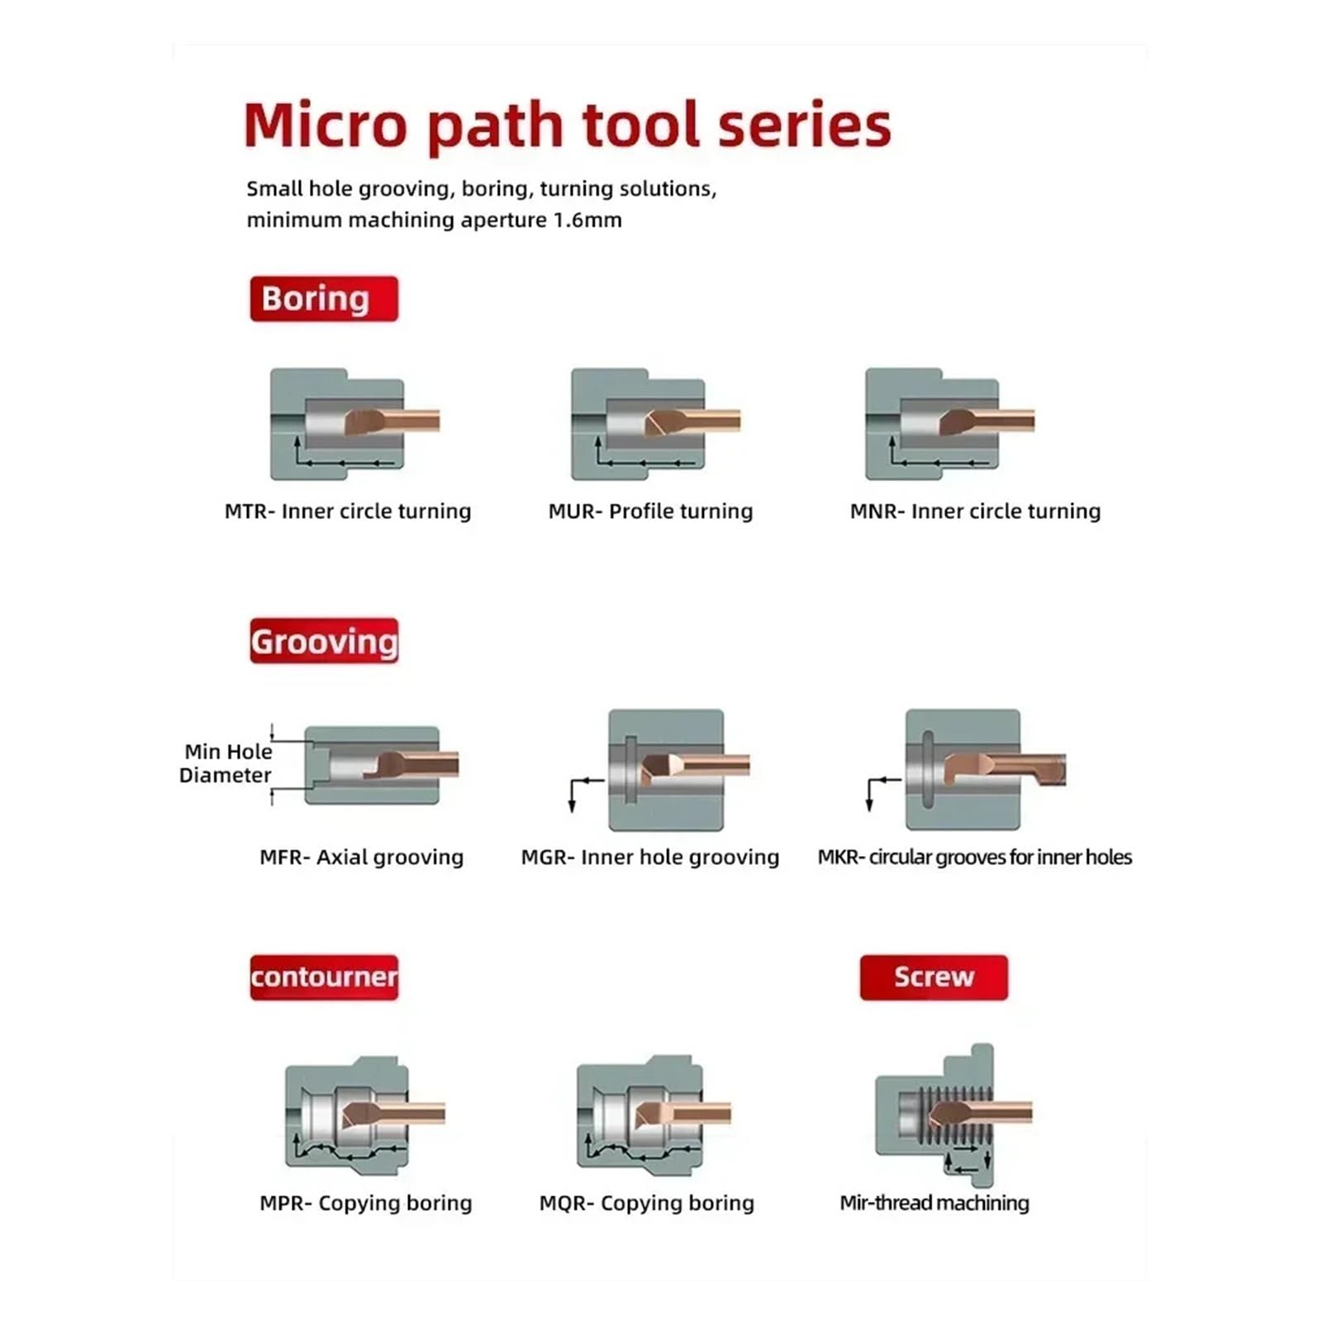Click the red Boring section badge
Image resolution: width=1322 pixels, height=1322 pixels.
click(324, 298)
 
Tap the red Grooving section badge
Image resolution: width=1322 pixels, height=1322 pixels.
click(324, 641)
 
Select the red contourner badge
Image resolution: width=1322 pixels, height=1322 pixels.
click(324, 977)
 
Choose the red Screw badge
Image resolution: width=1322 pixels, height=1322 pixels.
click(934, 977)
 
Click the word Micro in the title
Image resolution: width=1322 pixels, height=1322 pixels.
click(326, 125)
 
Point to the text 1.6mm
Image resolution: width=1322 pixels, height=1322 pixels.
click(587, 221)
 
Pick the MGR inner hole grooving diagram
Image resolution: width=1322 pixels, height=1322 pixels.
click(666, 769)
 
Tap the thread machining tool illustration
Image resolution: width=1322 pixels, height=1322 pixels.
click(953, 1115)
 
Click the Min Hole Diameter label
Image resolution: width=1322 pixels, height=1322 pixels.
click(226, 763)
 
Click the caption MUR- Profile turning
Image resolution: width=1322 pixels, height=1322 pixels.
click(651, 511)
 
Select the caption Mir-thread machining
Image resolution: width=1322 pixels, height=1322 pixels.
click(934, 1203)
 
